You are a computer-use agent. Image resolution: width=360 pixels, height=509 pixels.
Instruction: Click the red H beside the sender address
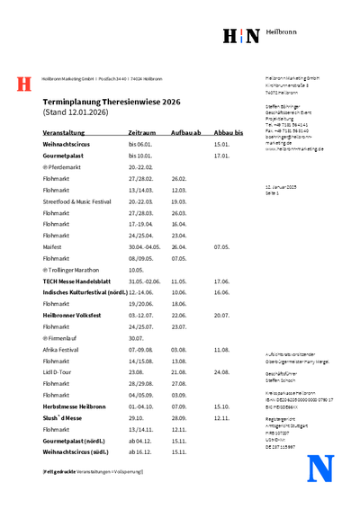[x=24, y=84]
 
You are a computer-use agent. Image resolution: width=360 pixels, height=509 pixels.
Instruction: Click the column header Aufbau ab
[x=184, y=132]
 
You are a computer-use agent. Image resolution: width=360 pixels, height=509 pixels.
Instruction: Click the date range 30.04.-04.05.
[x=144, y=246]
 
